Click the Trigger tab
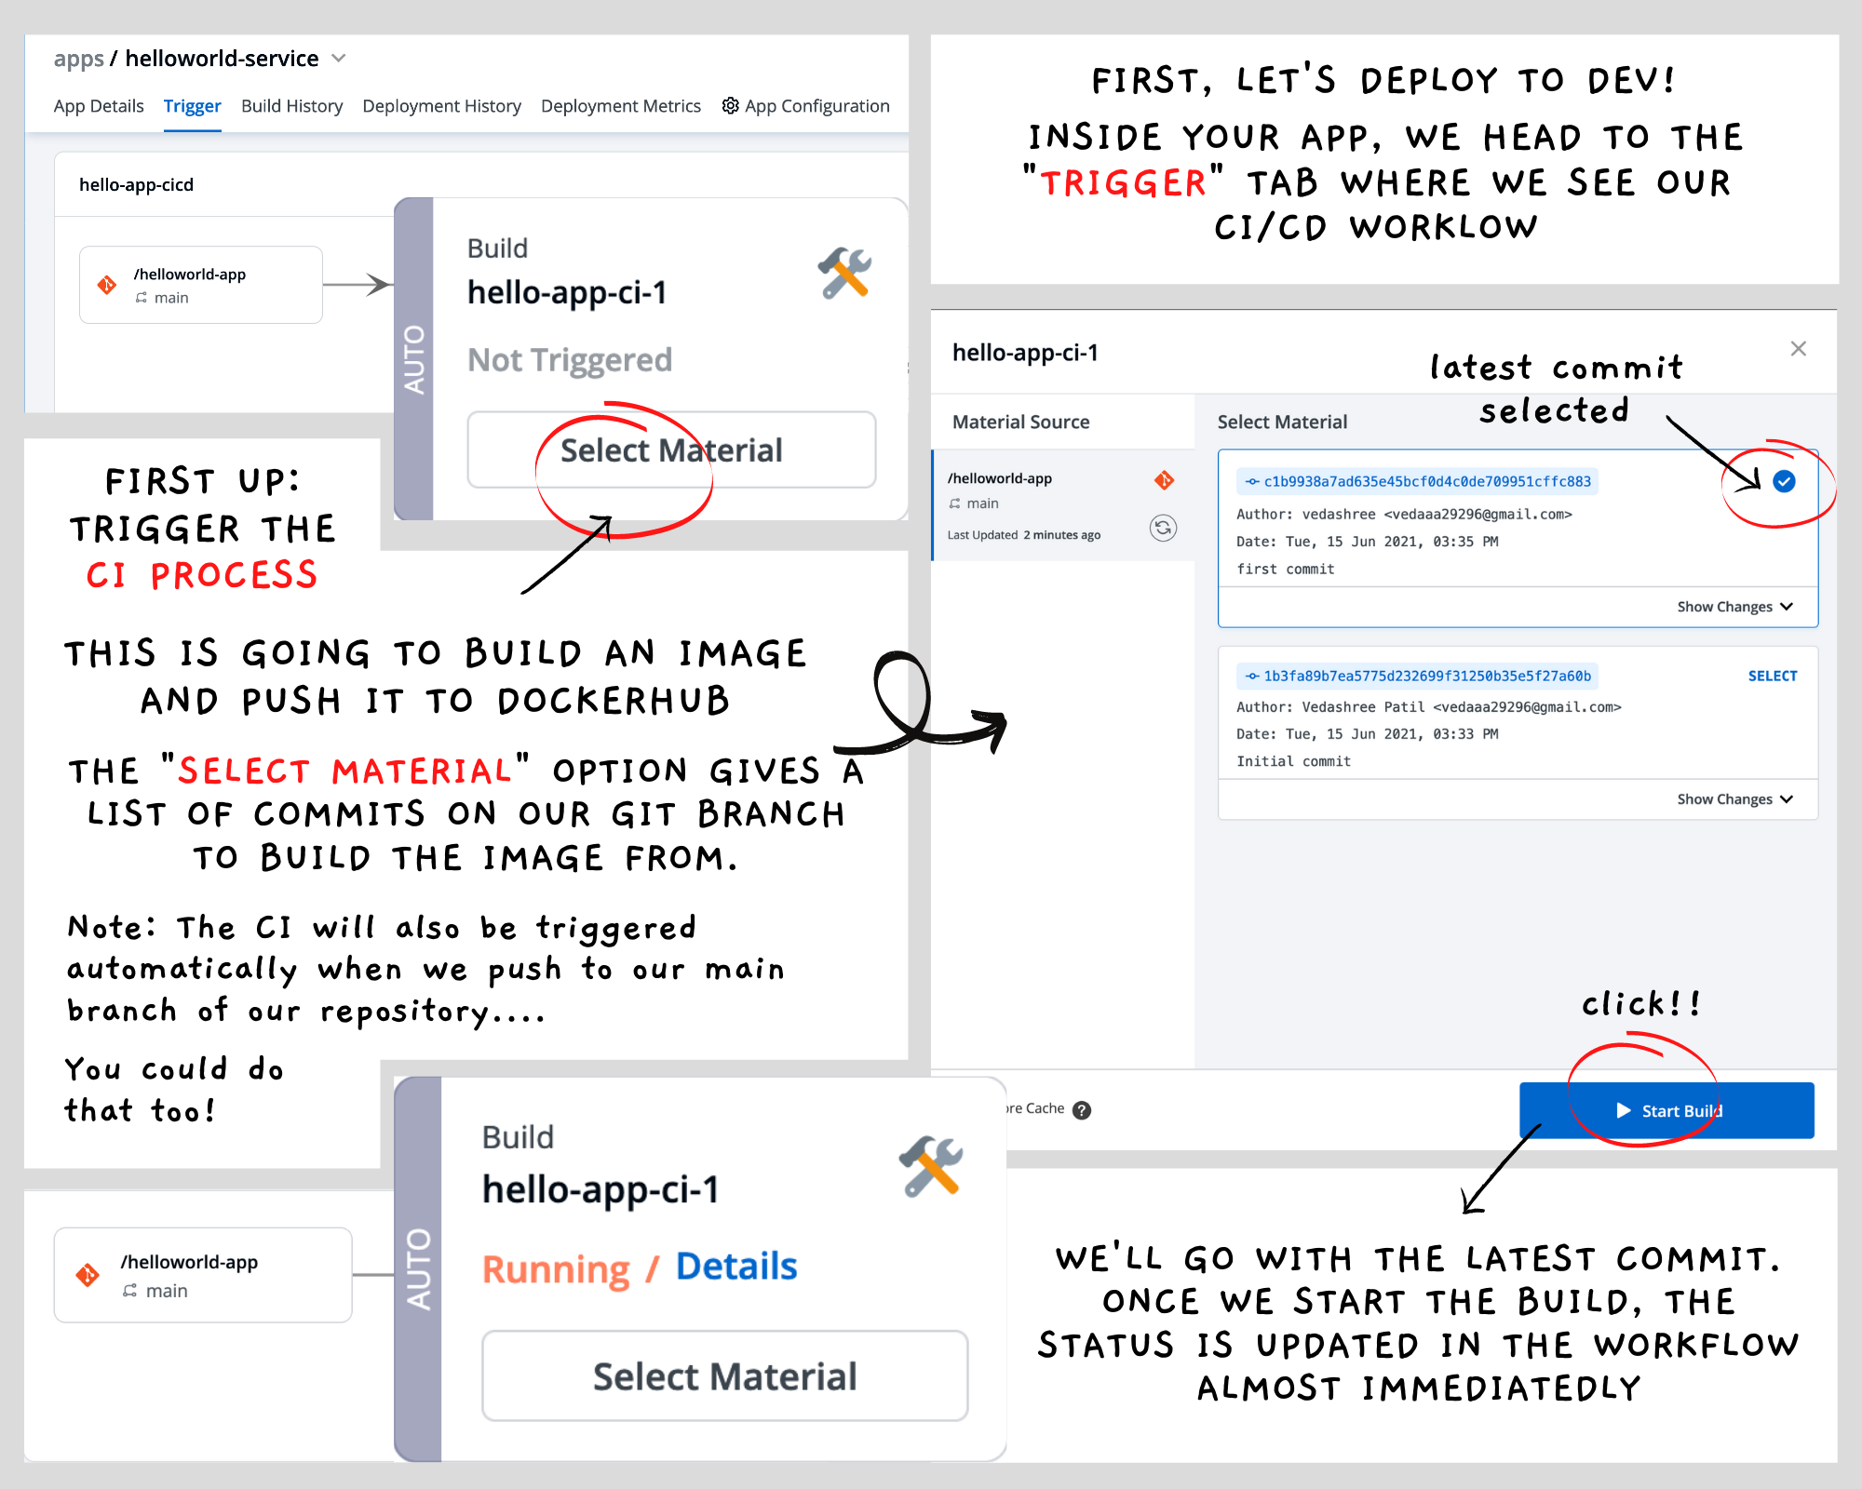point(192,106)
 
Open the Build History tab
point(291,106)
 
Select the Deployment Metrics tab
point(620,106)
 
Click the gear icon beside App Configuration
point(731,105)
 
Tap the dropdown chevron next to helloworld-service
point(339,59)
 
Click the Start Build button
point(1666,1110)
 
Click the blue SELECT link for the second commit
point(1773,676)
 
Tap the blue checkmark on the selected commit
point(1784,481)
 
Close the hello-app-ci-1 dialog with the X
point(1798,348)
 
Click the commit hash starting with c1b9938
point(1418,481)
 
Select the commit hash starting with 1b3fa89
point(1418,676)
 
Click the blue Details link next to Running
point(736,1267)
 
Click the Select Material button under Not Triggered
point(671,449)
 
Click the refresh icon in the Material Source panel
point(1163,528)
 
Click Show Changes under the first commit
point(1734,607)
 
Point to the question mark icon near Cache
point(1081,1109)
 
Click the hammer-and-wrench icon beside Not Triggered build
point(844,273)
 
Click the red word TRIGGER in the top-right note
point(1123,182)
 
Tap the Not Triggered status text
point(570,360)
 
